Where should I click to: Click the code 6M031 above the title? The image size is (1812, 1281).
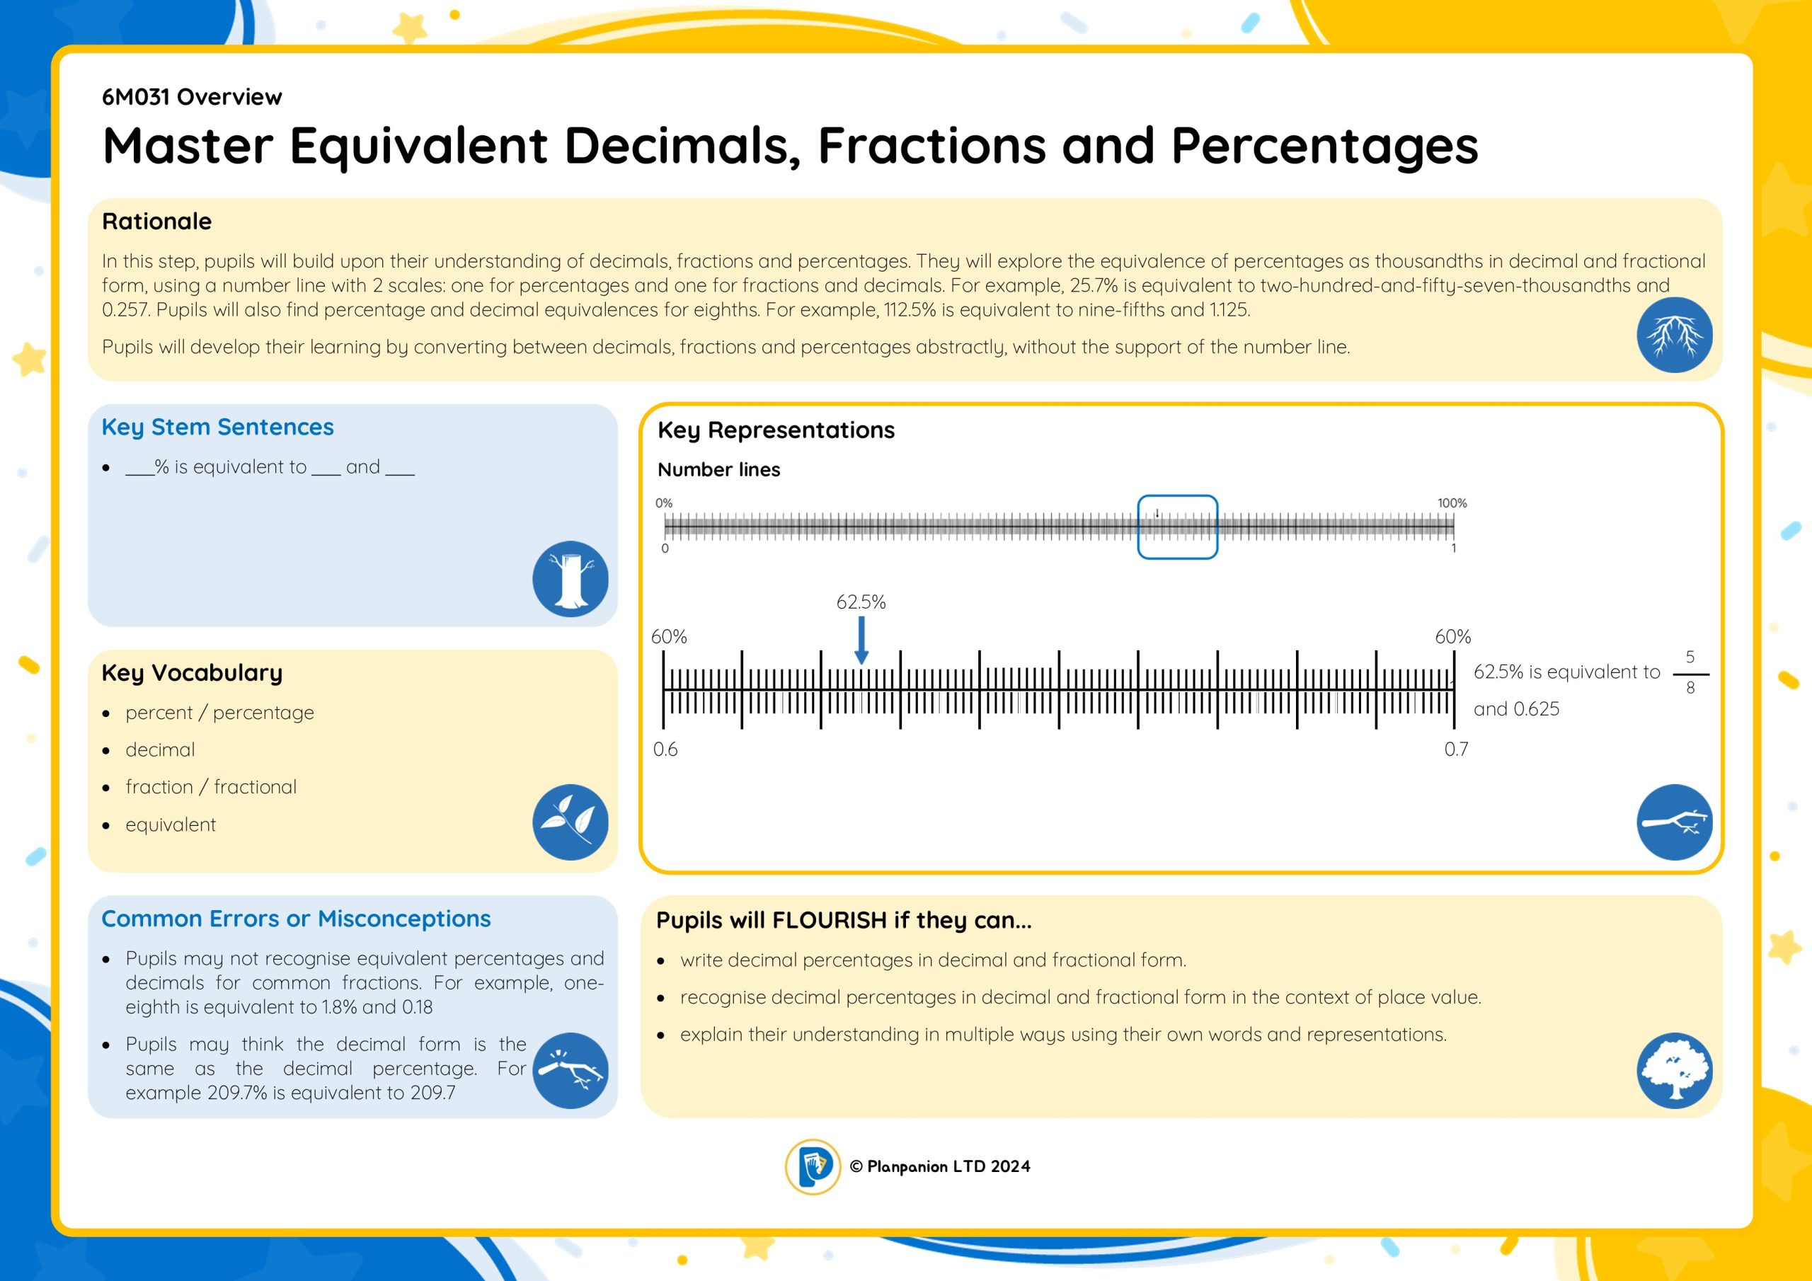pos(136,97)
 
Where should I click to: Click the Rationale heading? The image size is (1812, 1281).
pos(157,221)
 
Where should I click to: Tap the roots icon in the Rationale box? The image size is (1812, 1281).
pos(1674,335)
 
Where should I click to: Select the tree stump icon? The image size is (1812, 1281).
pos(570,578)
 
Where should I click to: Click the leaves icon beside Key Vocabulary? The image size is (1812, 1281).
pos(570,822)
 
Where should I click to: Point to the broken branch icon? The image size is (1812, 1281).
pos(570,1070)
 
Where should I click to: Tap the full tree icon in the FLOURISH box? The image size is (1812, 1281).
pos(1674,1070)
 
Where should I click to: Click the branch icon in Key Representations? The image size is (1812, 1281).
pos(1674,822)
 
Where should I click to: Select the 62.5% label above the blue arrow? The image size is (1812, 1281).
pos(861,602)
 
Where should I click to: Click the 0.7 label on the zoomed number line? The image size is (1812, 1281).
pos(1456,749)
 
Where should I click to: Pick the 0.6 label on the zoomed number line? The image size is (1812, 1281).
pos(665,749)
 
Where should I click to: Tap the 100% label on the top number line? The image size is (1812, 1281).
pos(1452,502)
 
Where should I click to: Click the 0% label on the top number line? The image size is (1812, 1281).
pos(664,502)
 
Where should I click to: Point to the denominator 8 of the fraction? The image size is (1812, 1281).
pos(1690,687)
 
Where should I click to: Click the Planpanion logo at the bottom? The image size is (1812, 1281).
pos(812,1166)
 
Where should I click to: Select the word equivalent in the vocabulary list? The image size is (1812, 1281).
pos(171,825)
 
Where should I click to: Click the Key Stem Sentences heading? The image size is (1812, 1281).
pos(218,427)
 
